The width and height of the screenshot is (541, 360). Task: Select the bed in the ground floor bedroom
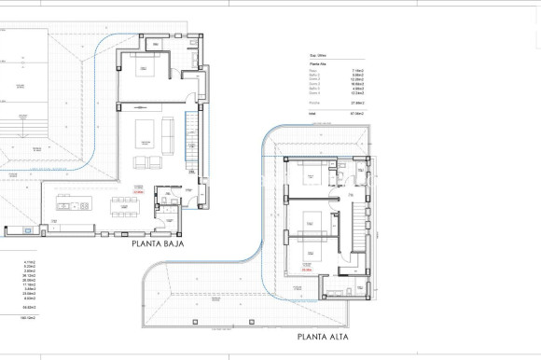click(x=146, y=67)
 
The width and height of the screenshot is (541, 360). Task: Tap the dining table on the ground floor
click(x=127, y=204)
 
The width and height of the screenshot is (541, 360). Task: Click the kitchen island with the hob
click(x=73, y=205)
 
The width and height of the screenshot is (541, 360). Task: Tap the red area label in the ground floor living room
click(x=137, y=192)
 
